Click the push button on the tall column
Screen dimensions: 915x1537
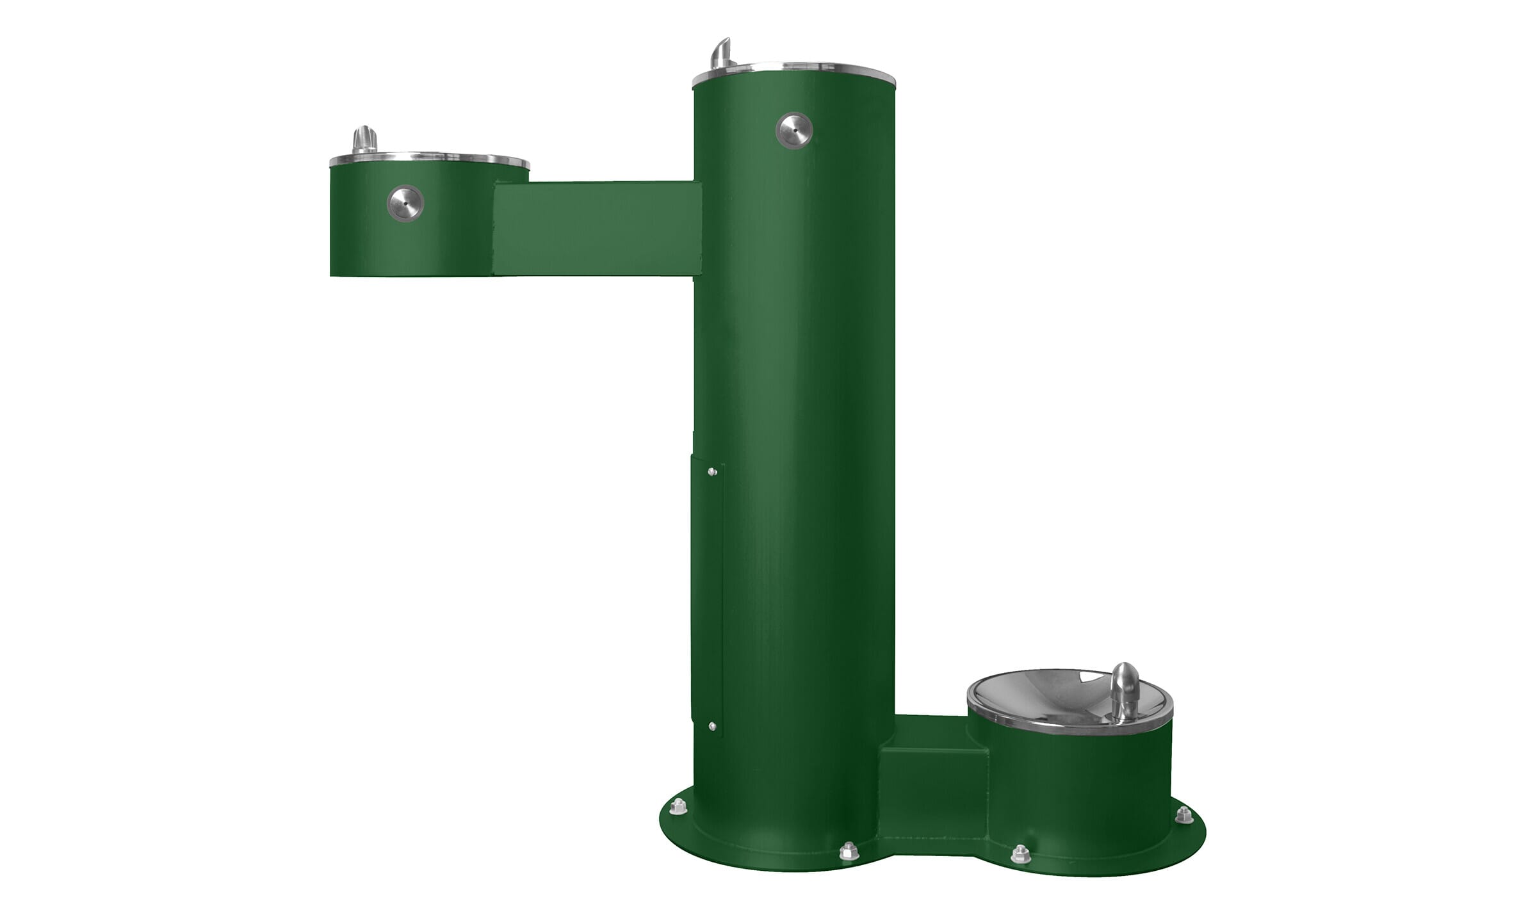[794, 131]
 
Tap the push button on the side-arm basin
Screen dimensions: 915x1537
[405, 204]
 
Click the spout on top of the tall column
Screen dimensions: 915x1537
[722, 54]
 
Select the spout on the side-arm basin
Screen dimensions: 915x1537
[364, 139]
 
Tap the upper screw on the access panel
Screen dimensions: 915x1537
[712, 472]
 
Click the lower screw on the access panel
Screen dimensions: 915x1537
[712, 726]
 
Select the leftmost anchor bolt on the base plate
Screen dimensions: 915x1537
[678, 807]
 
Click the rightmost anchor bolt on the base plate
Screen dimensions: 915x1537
[1183, 815]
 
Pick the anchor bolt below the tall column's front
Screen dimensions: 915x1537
[849, 851]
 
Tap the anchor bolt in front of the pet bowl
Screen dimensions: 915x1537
[1020, 854]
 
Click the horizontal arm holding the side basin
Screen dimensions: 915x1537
[596, 229]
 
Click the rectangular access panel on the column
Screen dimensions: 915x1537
[707, 595]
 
